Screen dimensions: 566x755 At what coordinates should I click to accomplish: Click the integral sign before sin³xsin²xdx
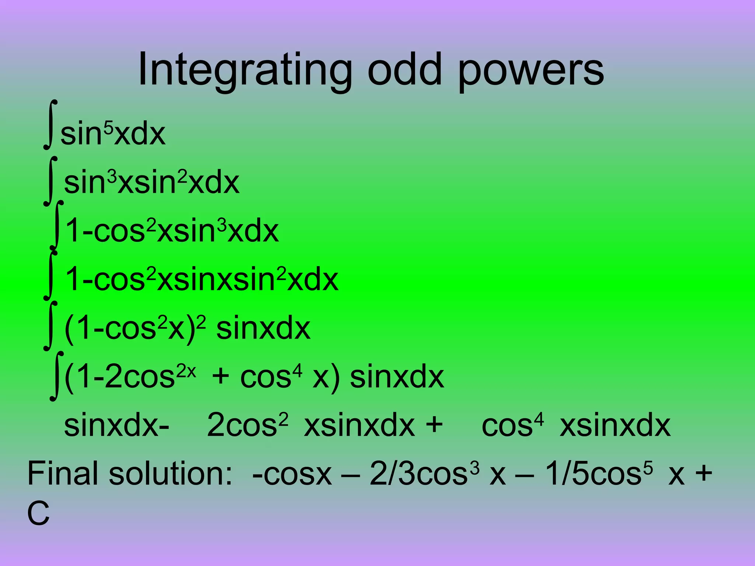pos(51,181)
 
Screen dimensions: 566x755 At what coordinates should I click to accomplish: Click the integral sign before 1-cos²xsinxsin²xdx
pos(51,275)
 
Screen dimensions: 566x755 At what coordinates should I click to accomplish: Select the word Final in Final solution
pos(65,474)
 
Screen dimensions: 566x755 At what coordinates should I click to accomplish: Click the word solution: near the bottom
pos(170,474)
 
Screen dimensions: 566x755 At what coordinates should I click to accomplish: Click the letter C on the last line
pos(38,514)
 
